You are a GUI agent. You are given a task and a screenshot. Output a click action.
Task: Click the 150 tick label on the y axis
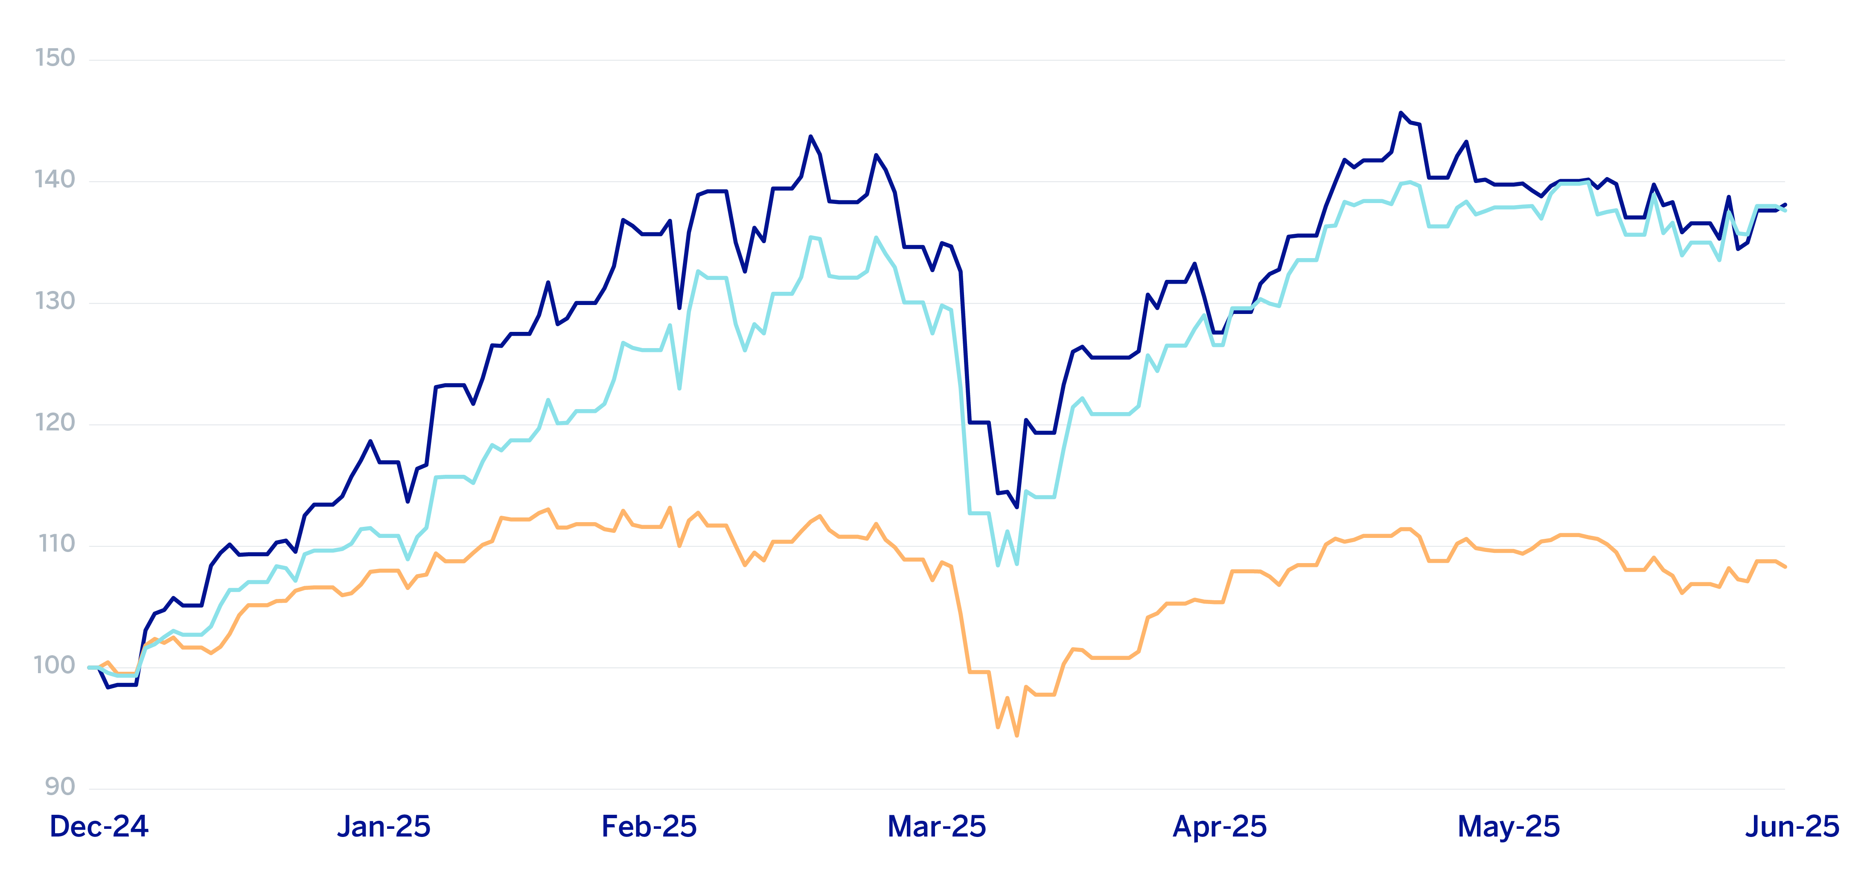coord(55,58)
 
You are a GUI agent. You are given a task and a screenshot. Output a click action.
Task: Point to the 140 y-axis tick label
coord(55,180)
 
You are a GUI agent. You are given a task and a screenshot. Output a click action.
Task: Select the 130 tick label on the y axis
coord(55,302)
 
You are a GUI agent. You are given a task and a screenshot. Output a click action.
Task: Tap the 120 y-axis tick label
coord(55,423)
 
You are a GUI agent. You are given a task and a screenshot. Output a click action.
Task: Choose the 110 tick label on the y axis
coord(56,544)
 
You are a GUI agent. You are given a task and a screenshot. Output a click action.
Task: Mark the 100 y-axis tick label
coord(55,666)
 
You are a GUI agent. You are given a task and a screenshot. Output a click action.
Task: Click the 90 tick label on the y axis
coord(60,787)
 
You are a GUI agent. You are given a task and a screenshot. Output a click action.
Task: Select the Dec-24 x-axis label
coord(99,827)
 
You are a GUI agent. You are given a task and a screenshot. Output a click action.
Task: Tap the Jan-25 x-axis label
coord(384,827)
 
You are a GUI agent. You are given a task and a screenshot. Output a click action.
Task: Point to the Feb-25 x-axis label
coord(650,827)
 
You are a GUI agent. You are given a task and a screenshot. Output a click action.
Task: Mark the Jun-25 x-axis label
coord(1791,827)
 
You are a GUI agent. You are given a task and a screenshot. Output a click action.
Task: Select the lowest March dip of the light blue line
coord(998,565)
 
